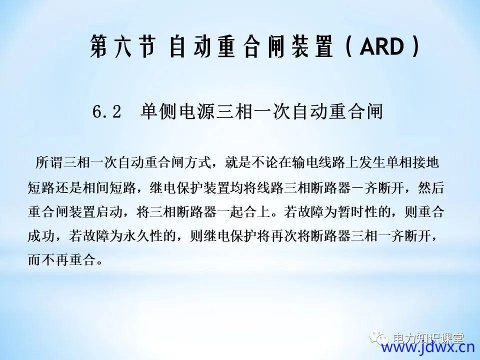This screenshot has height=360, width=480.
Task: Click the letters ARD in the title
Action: [x=382, y=46]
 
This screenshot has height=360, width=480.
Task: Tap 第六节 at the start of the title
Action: [x=123, y=46]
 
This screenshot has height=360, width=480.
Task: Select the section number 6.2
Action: [x=107, y=111]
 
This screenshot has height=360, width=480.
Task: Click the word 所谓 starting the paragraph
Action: [x=49, y=162]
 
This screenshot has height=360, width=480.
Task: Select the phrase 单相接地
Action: [x=413, y=162]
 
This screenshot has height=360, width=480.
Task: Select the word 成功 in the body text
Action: [x=41, y=236]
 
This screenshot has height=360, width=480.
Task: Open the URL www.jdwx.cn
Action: [x=427, y=348]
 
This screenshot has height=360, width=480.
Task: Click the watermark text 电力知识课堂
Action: [x=428, y=338]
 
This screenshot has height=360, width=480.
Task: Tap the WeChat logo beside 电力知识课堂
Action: [x=379, y=337]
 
